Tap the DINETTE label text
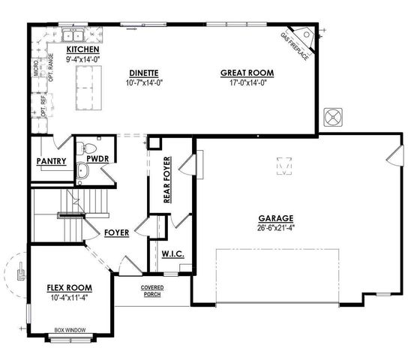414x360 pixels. pos(142,73)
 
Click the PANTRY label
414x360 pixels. pos(51,161)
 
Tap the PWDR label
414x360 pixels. pos(96,160)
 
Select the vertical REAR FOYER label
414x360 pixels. pos(167,181)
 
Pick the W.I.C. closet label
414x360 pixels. pos(172,254)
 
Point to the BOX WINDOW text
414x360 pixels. pos(69,329)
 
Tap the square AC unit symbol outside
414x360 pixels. pos(331,118)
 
